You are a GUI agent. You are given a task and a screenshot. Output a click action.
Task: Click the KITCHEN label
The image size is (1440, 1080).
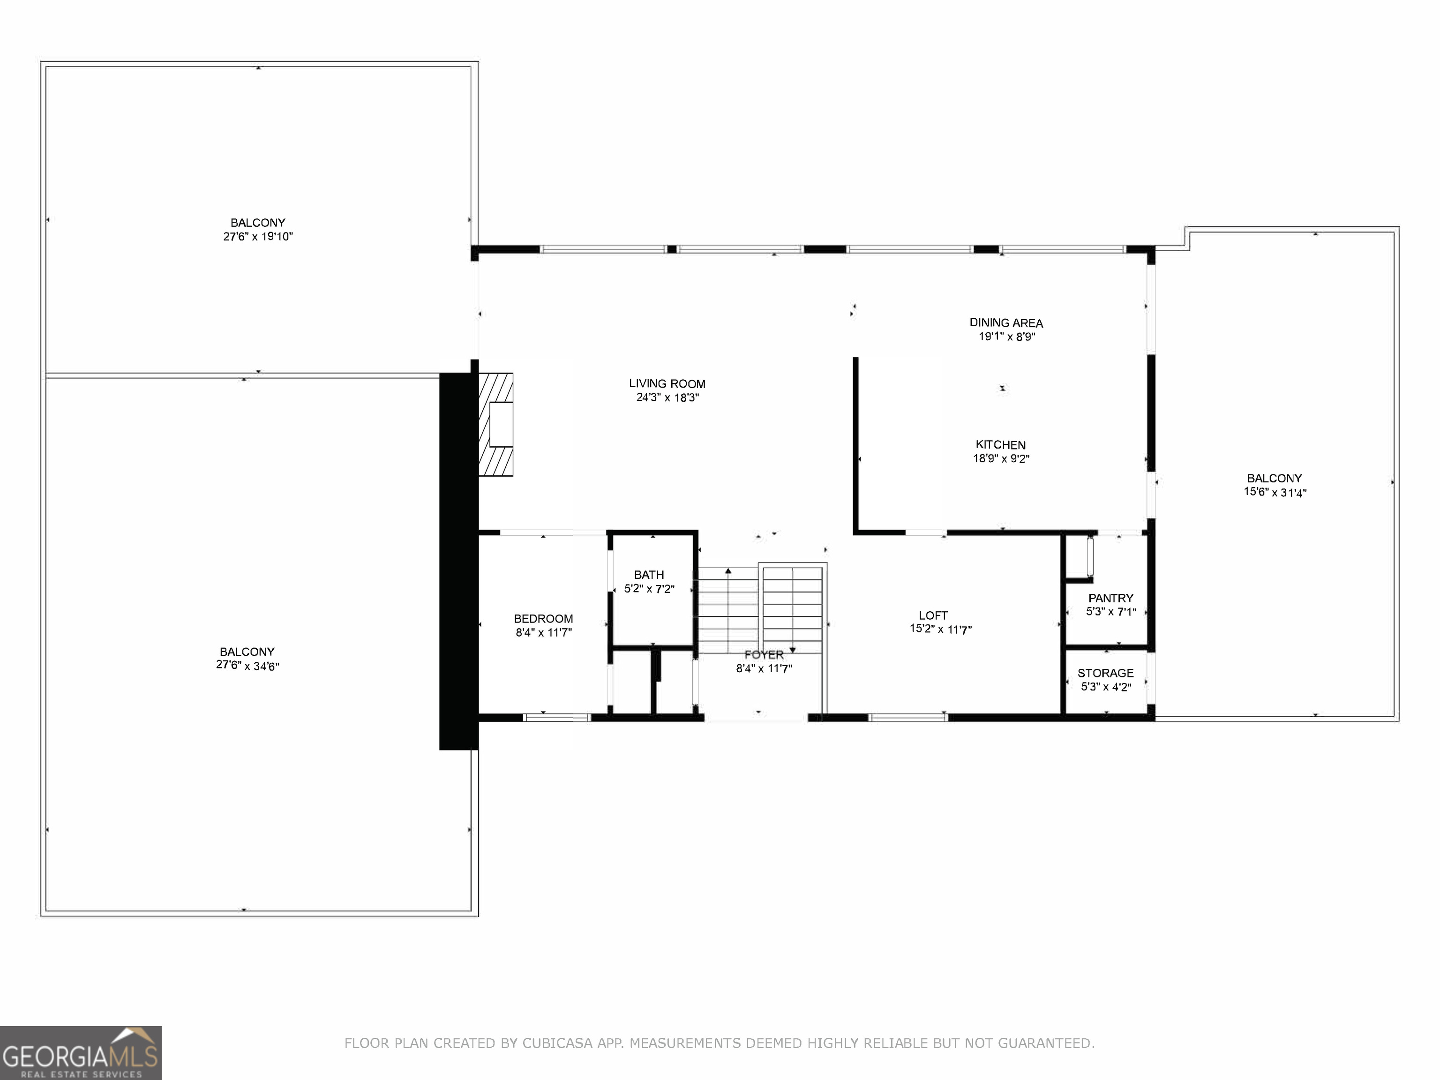click(1001, 445)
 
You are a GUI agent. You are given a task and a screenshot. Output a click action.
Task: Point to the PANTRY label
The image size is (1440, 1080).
click(1110, 598)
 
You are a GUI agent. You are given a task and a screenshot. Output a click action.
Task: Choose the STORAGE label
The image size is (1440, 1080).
click(1105, 673)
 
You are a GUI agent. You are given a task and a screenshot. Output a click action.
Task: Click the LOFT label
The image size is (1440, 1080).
click(933, 615)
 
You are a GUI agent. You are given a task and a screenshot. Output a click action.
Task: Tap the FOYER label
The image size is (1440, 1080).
click(764, 654)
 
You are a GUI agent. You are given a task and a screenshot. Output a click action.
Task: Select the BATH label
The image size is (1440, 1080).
click(649, 575)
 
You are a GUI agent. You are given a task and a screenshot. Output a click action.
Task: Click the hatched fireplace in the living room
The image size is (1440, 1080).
click(496, 424)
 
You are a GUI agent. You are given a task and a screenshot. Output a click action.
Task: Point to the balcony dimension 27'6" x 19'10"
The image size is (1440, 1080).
click(258, 236)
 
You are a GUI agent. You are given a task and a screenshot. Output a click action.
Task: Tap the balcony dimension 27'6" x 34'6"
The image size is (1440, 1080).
click(247, 665)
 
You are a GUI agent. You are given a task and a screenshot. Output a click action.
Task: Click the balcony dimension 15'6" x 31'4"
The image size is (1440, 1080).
click(1275, 492)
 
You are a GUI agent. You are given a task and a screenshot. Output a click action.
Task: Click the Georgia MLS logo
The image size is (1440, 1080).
click(81, 1053)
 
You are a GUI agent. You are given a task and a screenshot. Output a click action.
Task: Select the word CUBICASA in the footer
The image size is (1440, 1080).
click(557, 1043)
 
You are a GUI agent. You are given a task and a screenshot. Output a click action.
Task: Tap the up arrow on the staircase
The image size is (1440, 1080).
click(728, 571)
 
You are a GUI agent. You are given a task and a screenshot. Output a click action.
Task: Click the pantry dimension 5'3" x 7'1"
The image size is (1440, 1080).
click(1110, 611)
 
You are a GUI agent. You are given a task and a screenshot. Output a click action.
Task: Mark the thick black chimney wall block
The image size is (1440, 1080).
click(458, 560)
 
